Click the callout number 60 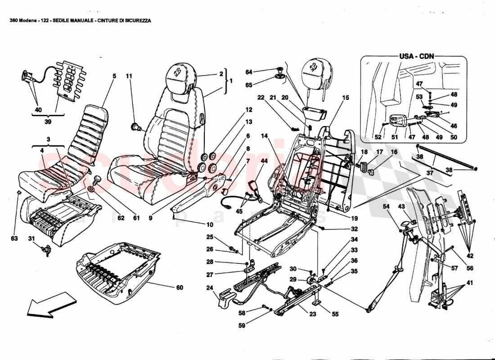tap(179, 287)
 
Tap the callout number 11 tap(129, 76)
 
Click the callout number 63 tap(15, 238)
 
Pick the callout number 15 tap(345, 98)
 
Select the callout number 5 tap(114, 76)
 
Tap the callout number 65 tap(248, 84)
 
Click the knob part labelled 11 tap(134, 126)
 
